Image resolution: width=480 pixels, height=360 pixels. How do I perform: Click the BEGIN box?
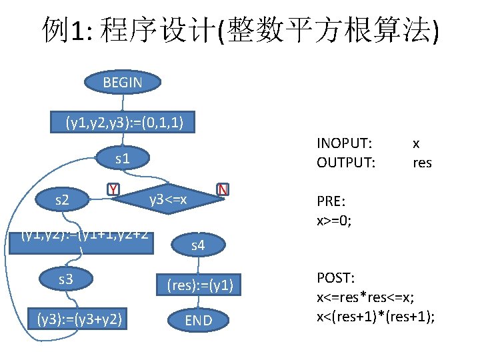[x=123, y=83]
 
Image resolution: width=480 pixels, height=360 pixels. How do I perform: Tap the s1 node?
[x=123, y=159]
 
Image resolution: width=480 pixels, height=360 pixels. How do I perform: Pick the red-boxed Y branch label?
[x=114, y=189]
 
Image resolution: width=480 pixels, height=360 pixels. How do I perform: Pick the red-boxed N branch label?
[x=223, y=189]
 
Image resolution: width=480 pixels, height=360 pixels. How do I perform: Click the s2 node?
[x=65, y=199]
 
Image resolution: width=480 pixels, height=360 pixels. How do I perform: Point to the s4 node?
[x=198, y=247]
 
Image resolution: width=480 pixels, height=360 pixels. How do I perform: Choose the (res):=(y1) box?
[x=198, y=285]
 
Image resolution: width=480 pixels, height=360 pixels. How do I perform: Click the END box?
[x=198, y=321]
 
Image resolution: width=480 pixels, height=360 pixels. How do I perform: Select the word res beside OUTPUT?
[x=422, y=162]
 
